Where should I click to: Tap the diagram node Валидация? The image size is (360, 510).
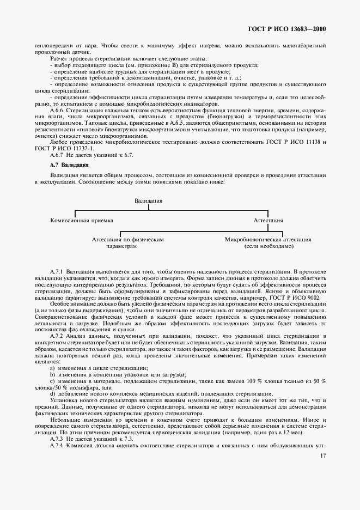(x=148, y=201)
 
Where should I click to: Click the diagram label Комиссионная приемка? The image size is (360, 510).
(x=82, y=220)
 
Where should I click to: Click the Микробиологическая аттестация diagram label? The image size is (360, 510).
(x=268, y=239)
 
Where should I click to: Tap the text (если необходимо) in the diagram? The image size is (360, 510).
(x=269, y=246)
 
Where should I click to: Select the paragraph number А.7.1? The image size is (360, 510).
(x=57, y=271)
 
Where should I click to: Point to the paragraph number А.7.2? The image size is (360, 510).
(x=57, y=336)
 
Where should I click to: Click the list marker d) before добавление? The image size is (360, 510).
(x=52, y=394)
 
